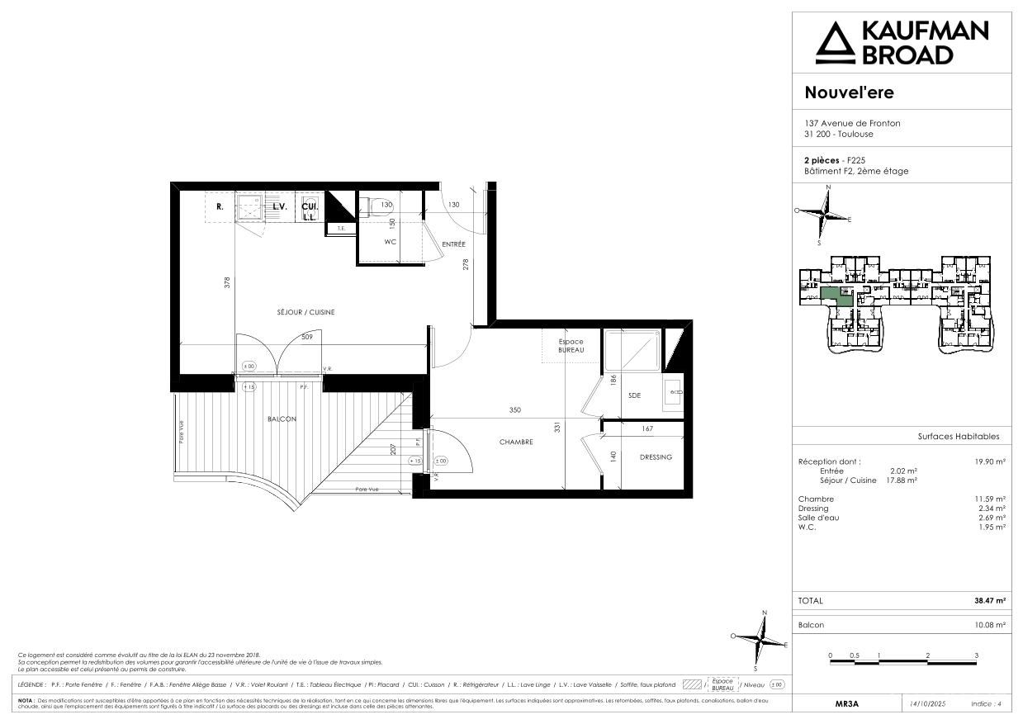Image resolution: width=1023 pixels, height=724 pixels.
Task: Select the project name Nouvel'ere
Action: (x=849, y=92)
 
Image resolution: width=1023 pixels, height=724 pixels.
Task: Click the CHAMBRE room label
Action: (x=516, y=442)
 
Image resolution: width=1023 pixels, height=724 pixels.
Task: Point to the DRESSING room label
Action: (x=656, y=457)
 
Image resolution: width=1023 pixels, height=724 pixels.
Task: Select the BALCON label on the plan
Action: (x=282, y=419)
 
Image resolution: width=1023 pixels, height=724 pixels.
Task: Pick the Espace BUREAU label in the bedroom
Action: (x=571, y=346)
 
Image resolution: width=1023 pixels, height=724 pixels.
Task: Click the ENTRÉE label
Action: (x=453, y=244)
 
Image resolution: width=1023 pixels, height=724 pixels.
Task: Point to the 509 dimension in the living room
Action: (x=306, y=337)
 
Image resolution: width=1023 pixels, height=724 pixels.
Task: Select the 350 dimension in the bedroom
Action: (x=514, y=409)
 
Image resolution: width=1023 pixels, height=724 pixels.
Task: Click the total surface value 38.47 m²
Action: (x=989, y=601)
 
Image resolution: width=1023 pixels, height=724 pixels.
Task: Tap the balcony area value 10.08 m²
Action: (x=989, y=625)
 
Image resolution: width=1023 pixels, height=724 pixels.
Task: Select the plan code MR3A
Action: (x=846, y=704)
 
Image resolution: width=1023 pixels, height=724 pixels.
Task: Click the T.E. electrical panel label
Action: (x=341, y=228)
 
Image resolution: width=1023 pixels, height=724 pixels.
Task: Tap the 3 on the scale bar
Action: (x=976, y=655)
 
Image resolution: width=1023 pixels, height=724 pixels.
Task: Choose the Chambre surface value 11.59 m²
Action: (x=989, y=499)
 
